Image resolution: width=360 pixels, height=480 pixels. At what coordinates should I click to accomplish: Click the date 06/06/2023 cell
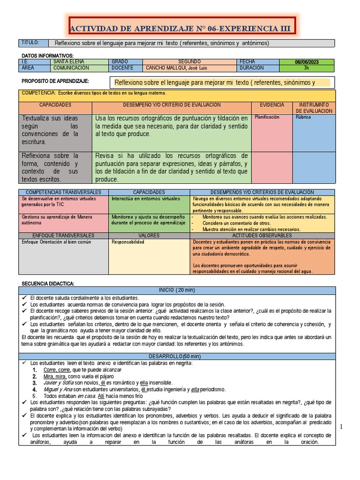307,62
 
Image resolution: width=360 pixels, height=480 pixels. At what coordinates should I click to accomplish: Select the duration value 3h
307,68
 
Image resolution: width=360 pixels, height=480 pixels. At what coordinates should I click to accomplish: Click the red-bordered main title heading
180,29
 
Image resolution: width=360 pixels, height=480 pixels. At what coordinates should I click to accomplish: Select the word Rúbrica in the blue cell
303,117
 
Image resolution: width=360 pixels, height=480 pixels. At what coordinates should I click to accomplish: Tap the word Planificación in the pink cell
267,117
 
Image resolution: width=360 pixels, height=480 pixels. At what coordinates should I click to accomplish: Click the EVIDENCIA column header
272,105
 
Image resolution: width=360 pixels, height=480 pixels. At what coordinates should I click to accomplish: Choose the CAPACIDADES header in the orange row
55,105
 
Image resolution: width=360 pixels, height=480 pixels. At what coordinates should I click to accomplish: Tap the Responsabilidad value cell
128,242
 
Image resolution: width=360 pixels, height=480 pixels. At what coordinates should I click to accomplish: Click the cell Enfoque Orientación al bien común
57,242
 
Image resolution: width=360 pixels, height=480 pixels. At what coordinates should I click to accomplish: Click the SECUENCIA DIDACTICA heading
48,284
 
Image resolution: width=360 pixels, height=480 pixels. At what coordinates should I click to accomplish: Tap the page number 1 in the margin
342,426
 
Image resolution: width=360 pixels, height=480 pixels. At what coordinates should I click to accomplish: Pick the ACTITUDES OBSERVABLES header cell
262,236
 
